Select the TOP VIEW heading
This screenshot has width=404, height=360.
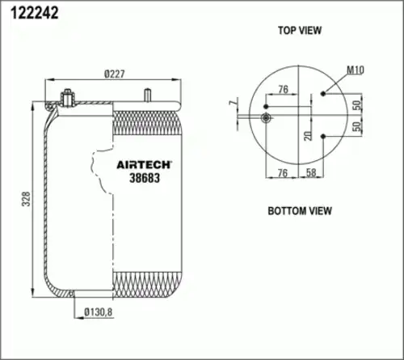tap(300, 31)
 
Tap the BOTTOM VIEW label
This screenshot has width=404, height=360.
tap(300, 211)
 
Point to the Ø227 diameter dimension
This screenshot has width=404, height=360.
tap(116, 74)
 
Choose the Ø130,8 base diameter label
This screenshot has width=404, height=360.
tap(98, 310)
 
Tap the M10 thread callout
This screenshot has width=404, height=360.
tap(355, 71)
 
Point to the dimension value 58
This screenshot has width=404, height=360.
tap(312, 173)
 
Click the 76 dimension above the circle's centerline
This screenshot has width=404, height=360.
tap(283, 89)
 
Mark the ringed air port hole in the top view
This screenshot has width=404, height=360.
tap(267, 118)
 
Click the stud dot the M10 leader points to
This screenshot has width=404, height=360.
tap(324, 93)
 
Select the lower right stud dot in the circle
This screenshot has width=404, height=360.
tap(324, 136)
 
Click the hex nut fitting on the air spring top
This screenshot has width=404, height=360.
tap(65, 100)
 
